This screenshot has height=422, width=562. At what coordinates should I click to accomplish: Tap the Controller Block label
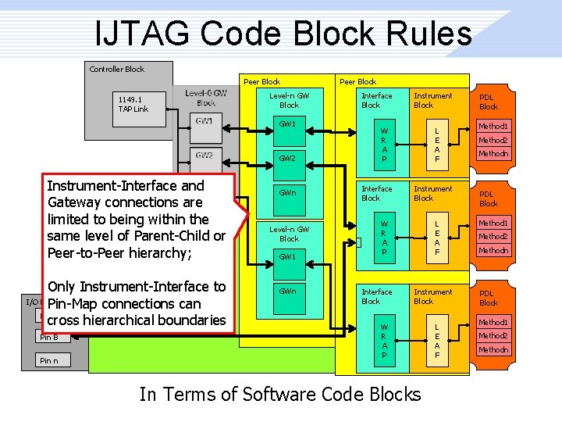[117, 69]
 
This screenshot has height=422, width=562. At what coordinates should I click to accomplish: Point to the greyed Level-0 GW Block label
[206, 98]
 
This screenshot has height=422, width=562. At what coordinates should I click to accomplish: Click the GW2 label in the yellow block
[289, 158]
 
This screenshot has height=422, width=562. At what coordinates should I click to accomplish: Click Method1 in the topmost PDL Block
[493, 126]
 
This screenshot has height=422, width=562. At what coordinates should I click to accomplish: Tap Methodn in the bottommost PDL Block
[493, 350]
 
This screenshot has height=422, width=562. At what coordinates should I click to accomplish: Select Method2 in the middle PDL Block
[493, 237]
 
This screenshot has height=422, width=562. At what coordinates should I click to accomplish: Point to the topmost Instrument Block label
[432, 100]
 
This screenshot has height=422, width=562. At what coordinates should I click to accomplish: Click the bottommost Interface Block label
[377, 296]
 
